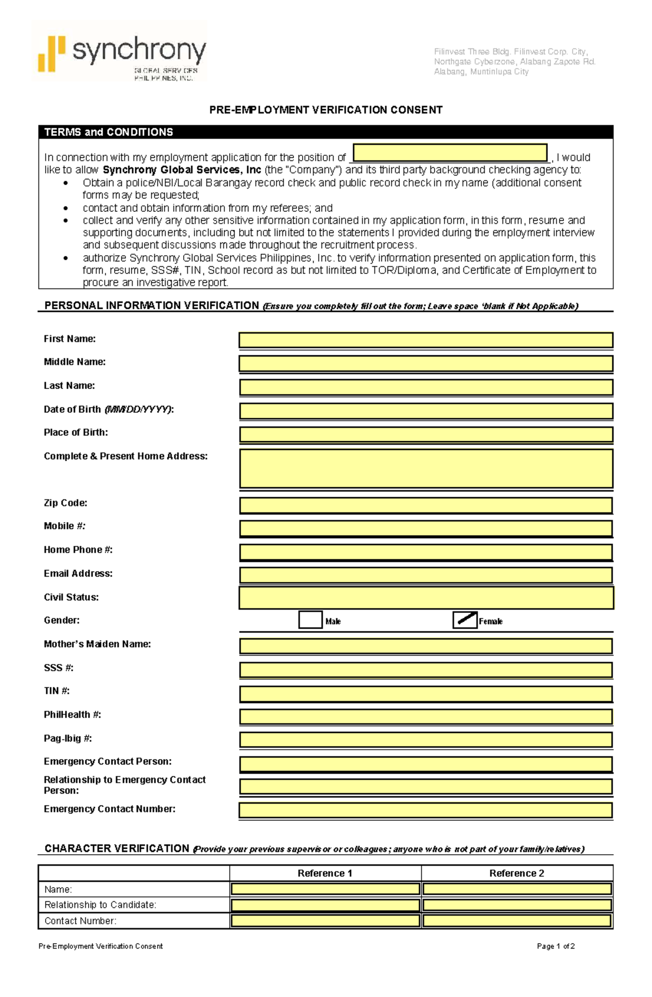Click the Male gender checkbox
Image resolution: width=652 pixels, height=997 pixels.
(310, 619)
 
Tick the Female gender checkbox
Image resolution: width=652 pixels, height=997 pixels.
(465, 619)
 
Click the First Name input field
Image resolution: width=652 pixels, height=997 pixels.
(426, 340)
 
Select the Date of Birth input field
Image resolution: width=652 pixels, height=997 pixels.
(426, 411)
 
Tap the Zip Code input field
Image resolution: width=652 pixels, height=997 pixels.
(426, 505)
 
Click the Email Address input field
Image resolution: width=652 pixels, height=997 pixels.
(426, 575)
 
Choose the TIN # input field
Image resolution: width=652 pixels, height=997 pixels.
(426, 693)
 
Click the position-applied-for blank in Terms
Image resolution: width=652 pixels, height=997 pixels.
(450, 153)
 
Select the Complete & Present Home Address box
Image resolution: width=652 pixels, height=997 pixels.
(426, 468)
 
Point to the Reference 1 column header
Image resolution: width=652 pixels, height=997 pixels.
(325, 873)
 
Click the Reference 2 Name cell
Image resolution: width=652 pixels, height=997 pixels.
(517, 889)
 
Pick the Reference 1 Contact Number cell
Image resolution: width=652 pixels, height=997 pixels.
(325, 920)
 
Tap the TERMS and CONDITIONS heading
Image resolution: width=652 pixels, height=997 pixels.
(109, 132)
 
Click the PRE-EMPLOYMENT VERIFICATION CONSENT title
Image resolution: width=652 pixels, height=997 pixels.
(326, 110)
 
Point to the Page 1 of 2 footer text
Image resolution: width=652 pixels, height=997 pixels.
(555, 946)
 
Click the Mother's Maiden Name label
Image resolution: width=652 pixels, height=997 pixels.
(97, 644)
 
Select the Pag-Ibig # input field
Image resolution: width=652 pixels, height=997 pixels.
(426, 739)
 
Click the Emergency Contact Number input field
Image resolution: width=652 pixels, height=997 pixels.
(426, 810)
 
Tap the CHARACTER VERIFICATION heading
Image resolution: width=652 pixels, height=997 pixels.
(117, 848)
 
